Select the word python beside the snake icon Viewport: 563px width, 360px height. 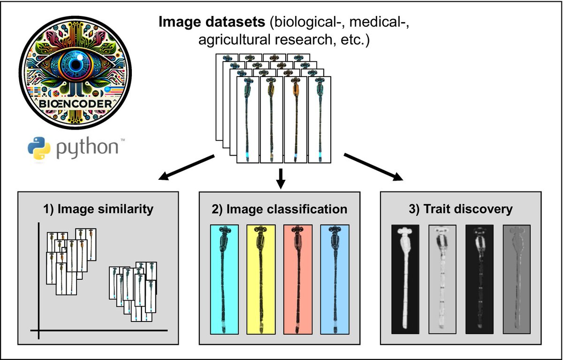tap(88, 147)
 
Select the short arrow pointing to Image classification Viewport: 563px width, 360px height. tap(281, 177)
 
